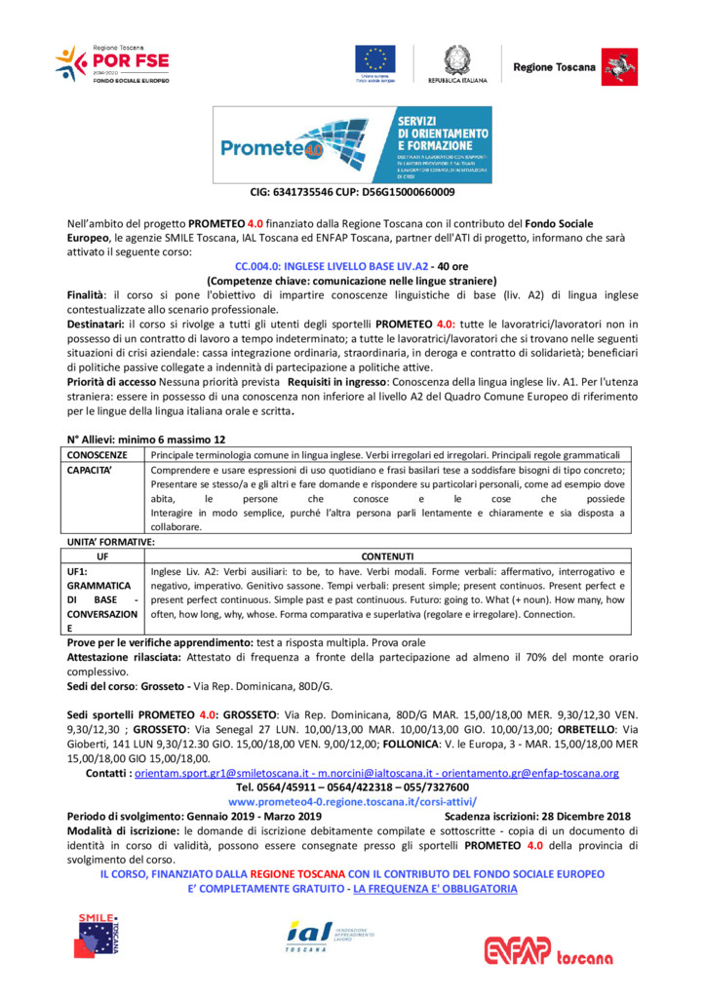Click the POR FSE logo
[x=112, y=63]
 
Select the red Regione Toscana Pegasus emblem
[x=614, y=64]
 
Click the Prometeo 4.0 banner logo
[x=352, y=144]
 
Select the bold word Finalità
[x=91, y=293]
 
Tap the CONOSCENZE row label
[x=98, y=455]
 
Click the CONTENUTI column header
[x=388, y=556]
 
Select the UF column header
[x=103, y=556]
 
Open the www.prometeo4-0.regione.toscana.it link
[x=352, y=801]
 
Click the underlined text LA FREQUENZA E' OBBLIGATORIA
[x=435, y=889]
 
